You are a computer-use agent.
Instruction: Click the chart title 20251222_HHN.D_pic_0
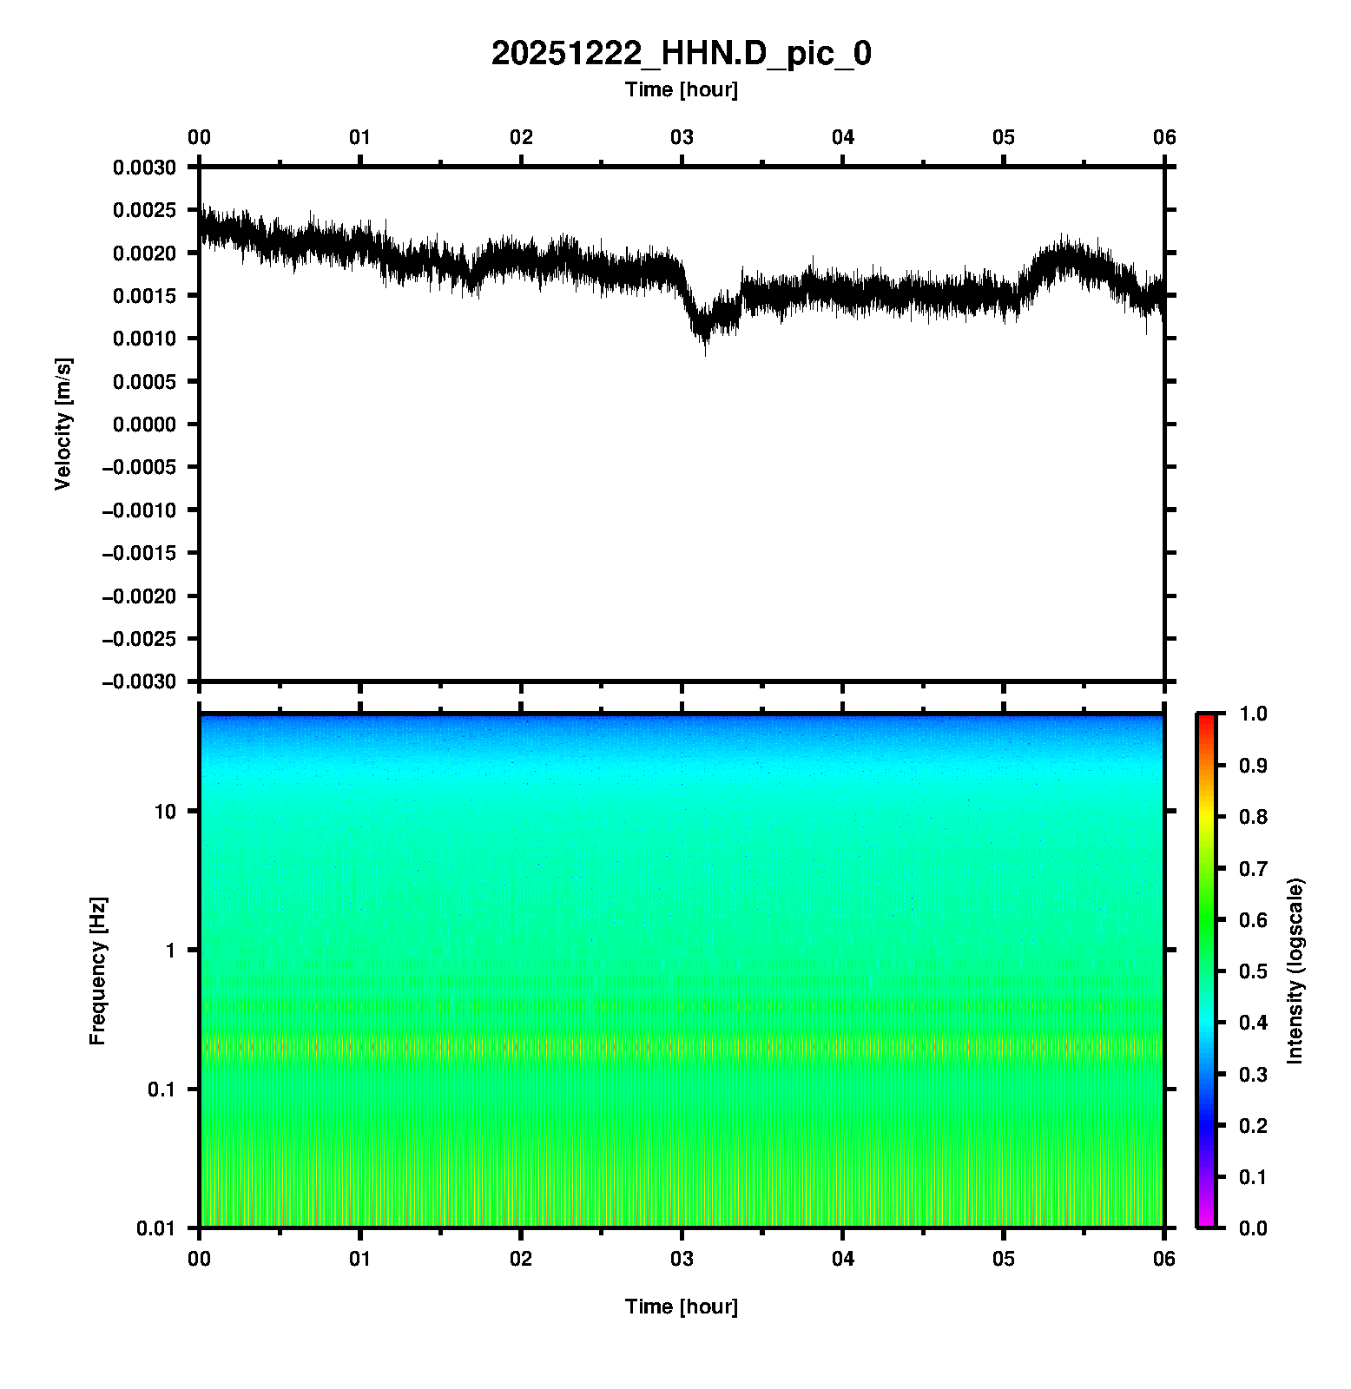coord(682,54)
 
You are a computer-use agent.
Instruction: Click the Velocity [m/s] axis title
coord(63,424)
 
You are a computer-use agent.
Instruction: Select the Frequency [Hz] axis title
coord(97,971)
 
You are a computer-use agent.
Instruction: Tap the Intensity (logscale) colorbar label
coord(1295,971)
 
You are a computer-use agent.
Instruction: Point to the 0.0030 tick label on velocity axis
coord(144,167)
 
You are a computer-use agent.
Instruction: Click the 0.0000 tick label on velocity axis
coord(144,424)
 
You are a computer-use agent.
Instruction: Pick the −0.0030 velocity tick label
coord(139,681)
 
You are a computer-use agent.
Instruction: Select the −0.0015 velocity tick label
coord(139,553)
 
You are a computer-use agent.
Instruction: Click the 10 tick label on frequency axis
coord(165,812)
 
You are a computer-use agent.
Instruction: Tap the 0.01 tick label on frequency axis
coord(156,1228)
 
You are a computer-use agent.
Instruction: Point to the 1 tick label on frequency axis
coord(170,950)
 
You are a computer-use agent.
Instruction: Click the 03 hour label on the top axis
coord(682,137)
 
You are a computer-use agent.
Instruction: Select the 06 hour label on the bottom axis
coord(1164,1259)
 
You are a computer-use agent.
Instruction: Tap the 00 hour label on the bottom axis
coord(200,1259)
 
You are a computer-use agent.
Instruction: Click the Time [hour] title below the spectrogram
coord(682,1307)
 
